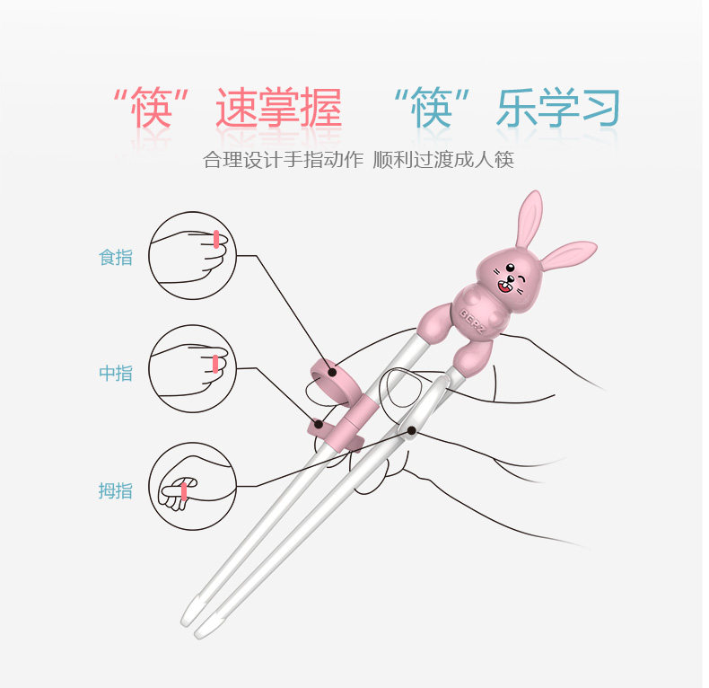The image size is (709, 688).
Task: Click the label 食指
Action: coord(116,257)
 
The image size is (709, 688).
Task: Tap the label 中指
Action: coord(116,373)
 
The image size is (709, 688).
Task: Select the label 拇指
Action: coord(116,490)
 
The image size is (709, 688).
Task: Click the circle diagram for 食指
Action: coord(191,248)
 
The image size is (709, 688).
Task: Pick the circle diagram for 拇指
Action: coord(191,486)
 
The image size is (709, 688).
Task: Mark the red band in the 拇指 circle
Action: coord(184,491)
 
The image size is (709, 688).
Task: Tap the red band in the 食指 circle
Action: coord(216,238)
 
